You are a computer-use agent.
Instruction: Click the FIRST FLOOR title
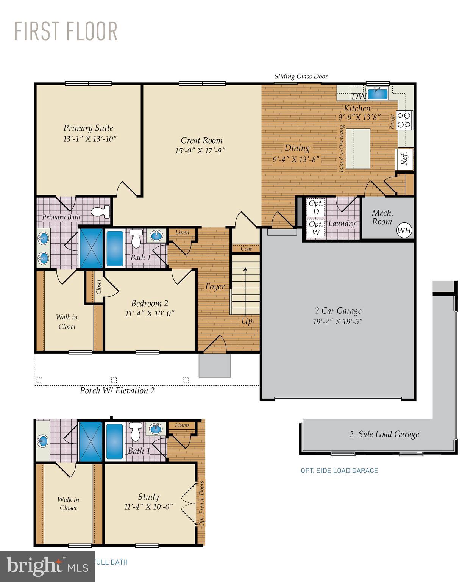66,31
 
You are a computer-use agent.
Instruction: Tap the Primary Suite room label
88,128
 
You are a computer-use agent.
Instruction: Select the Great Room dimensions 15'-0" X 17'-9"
200,151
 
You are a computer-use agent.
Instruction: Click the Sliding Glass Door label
301,77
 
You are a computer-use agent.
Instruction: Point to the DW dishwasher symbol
358,96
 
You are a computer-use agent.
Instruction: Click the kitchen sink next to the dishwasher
378,93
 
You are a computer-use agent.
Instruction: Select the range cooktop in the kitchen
404,119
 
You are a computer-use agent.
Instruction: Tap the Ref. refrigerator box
404,159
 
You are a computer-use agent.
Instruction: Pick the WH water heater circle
404,230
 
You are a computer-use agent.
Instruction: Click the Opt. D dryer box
315,207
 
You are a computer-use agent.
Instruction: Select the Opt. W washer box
315,228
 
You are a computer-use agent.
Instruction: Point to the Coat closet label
246,249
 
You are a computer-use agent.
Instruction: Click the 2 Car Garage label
338,311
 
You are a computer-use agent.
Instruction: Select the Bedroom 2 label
150,304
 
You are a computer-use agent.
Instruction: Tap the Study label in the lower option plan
148,497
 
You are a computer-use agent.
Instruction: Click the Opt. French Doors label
201,503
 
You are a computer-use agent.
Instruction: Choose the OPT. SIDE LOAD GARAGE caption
339,471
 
